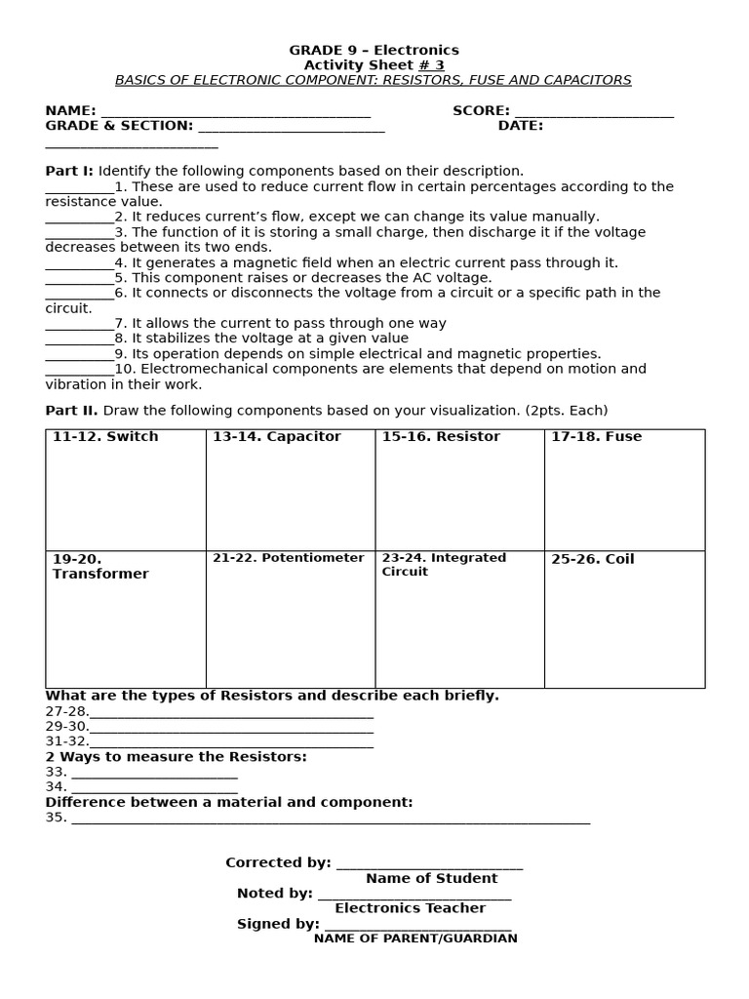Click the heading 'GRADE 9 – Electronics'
[374, 50]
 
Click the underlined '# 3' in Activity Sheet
[431, 65]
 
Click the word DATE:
[521, 126]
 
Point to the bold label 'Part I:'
[69, 171]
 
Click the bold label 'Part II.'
[71, 411]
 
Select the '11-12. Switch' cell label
[105, 437]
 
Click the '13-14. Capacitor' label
[277, 437]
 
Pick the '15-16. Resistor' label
[441, 437]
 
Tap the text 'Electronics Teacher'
[410, 908]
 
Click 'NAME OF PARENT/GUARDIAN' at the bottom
[415, 939]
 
